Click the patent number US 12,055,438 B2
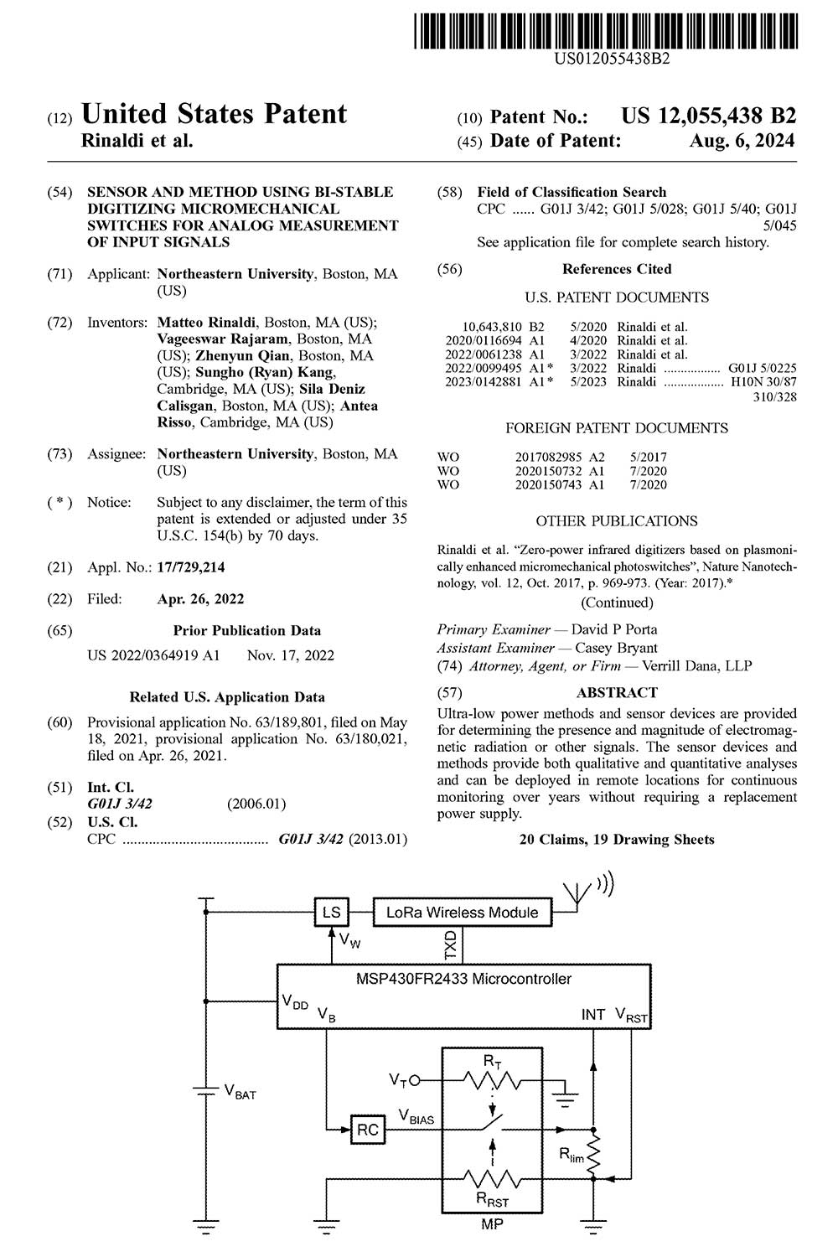tap(708, 116)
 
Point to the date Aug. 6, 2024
tap(742, 141)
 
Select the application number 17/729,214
tap(190, 567)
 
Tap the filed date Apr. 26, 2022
tap(200, 599)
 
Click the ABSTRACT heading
tap(617, 692)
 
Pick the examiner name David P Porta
tap(614, 629)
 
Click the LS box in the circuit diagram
tap(331, 913)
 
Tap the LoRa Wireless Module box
tap(462, 913)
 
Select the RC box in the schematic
tap(367, 1130)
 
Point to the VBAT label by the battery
tap(240, 1093)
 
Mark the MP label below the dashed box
tap(492, 1224)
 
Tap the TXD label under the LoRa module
tap(451, 945)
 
